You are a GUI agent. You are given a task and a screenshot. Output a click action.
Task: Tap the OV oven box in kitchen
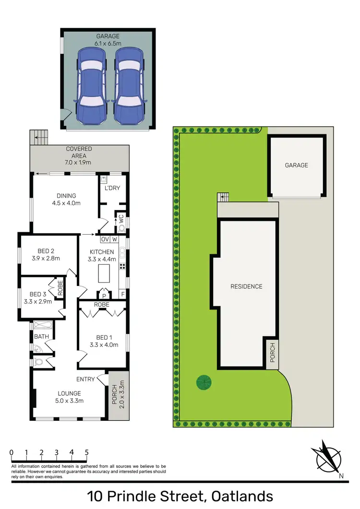click(106, 239)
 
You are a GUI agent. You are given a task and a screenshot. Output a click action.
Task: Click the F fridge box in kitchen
click(122, 294)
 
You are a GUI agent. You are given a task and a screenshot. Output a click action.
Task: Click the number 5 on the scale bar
click(86, 452)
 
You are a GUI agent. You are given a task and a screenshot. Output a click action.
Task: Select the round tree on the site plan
click(204, 382)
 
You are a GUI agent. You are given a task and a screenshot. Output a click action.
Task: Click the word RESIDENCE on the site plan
click(246, 286)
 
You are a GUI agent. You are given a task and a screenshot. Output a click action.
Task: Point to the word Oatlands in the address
click(239, 496)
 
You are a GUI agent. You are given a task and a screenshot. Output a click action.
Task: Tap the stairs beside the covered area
click(38, 138)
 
